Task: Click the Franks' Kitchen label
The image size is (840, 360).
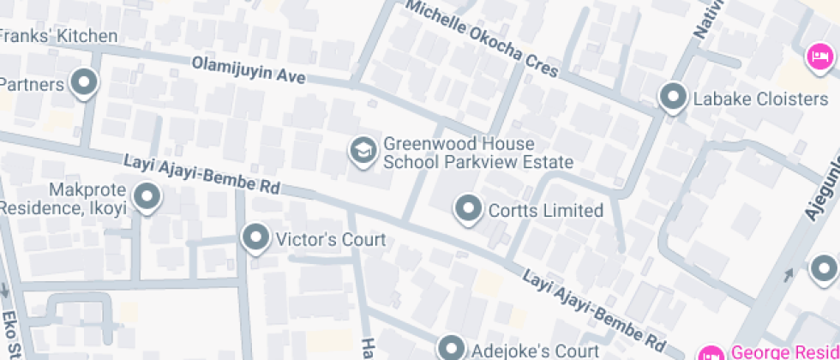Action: coord(58,36)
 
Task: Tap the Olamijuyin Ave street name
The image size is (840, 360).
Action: coord(249,69)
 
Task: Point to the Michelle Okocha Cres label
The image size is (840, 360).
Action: coord(482,39)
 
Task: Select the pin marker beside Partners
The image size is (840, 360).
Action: coord(84,83)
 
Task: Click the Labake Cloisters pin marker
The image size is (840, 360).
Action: coord(673,97)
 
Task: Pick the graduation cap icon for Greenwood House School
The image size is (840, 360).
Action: coord(363,151)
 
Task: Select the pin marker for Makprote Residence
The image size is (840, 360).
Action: coord(148,197)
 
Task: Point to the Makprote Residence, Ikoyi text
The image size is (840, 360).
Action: coord(65,198)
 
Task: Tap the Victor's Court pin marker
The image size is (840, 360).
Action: coord(256,237)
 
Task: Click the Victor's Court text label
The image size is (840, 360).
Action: coord(330,239)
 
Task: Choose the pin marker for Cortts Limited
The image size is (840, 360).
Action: coord(467,208)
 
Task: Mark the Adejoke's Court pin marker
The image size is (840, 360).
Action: coord(451,348)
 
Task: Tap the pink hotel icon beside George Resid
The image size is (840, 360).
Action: coord(710,351)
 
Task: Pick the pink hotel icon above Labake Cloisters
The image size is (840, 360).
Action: coord(820,58)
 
